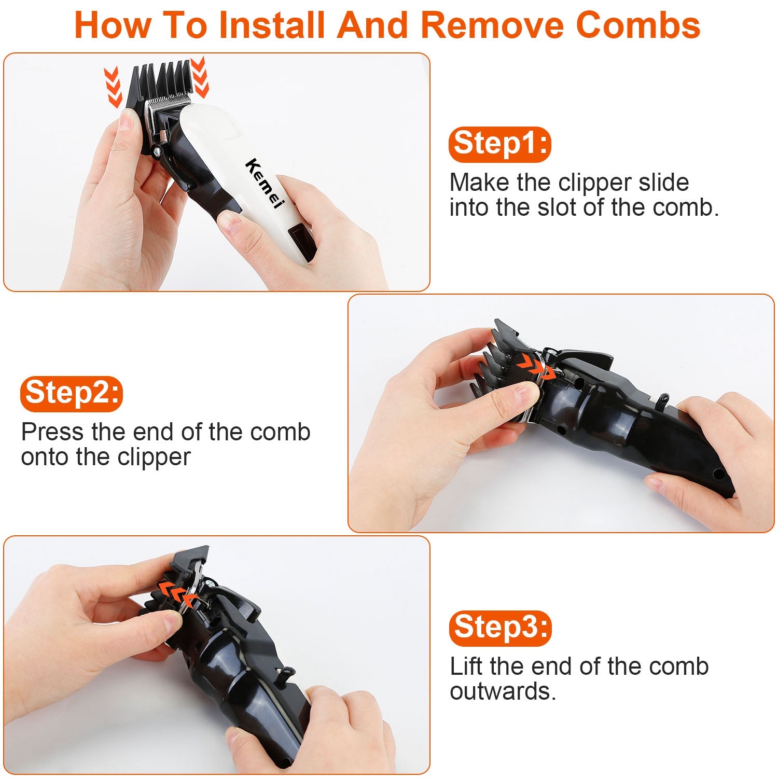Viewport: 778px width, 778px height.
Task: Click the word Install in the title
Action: pos(272,25)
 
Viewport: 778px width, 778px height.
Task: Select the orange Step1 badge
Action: pos(499,144)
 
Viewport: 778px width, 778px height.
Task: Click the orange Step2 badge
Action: pos(72,393)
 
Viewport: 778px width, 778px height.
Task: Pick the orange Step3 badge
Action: pos(500,628)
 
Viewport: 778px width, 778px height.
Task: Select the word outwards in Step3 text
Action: pos(503,691)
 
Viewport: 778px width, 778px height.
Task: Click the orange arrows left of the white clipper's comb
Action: pos(112,86)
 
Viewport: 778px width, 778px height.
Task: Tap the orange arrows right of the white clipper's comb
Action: pos(200,77)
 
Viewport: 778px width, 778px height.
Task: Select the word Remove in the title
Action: pos(491,25)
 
